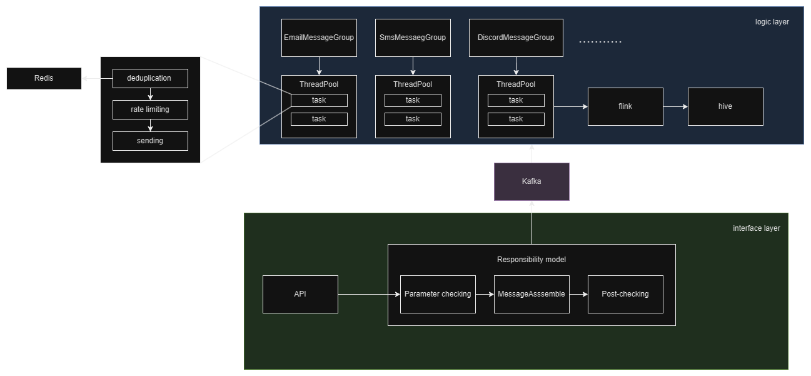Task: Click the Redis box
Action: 44,78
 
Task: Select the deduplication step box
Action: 150,78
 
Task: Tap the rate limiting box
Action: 150,109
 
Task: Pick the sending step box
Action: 150,141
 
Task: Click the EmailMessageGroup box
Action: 319,38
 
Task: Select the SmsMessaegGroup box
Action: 413,38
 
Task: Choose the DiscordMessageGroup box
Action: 516,38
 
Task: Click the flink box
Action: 625,106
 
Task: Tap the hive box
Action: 725,106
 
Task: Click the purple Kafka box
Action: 531,181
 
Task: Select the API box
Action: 300,294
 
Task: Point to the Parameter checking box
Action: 438,294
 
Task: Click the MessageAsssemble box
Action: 531,294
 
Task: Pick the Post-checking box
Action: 625,294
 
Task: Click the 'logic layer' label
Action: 772,22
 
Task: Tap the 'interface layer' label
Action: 756,228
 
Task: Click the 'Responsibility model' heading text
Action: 531,260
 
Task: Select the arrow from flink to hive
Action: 675,106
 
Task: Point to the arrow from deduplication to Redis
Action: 97,78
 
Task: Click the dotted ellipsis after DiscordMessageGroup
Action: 600,42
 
